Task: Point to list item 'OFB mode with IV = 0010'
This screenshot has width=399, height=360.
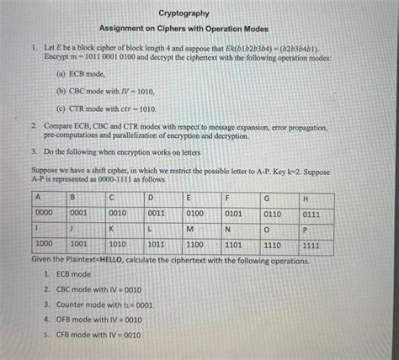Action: [98, 320]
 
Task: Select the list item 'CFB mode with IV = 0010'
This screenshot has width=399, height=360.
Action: [98, 334]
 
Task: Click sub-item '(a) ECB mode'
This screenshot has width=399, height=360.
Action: [81, 74]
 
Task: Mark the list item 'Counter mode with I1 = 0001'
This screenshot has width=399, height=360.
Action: [104, 304]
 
